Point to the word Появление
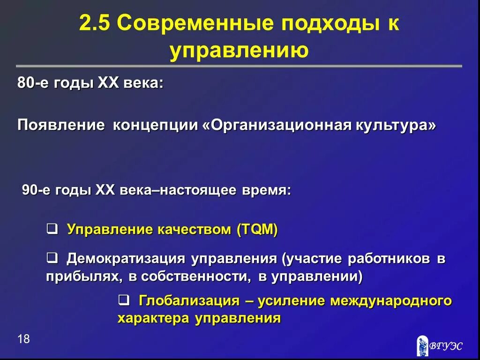coord(60,125)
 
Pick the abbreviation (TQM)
coord(257,230)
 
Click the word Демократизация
coord(125,258)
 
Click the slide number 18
coord(23,339)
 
